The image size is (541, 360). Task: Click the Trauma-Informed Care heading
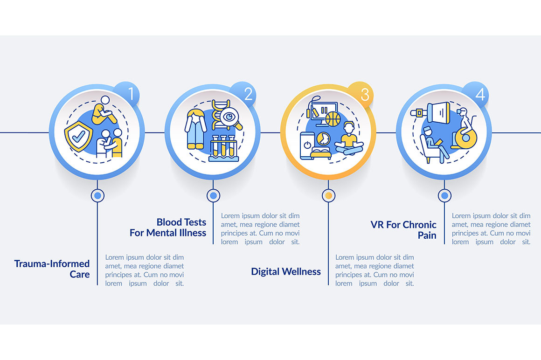click(x=52, y=269)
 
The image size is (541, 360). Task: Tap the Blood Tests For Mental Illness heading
click(x=168, y=227)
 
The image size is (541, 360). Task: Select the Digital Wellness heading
click(x=286, y=271)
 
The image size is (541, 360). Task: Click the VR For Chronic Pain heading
click(x=403, y=229)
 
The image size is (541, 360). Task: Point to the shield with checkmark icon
click(x=79, y=136)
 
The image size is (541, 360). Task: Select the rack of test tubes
click(x=223, y=148)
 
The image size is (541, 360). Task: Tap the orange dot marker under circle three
click(x=328, y=195)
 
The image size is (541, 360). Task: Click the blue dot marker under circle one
click(x=97, y=195)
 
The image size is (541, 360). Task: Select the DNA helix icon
click(x=219, y=114)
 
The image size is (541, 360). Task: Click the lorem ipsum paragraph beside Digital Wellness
click(x=375, y=270)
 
